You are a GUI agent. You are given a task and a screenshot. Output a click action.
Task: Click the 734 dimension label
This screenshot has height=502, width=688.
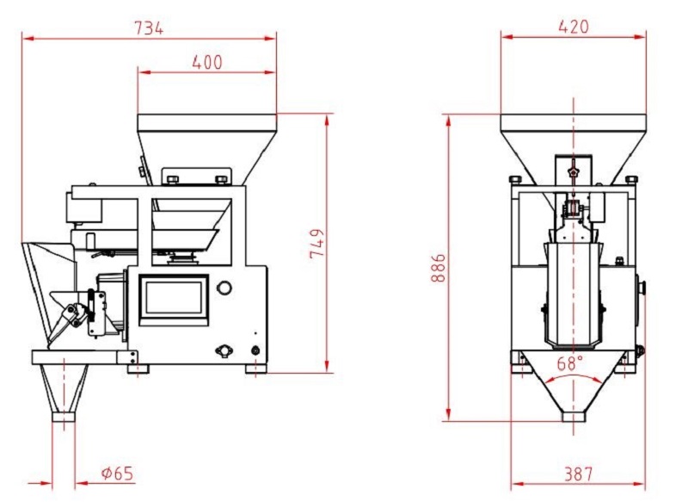tap(149, 28)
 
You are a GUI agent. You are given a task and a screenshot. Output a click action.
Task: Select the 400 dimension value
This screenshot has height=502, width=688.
tap(207, 62)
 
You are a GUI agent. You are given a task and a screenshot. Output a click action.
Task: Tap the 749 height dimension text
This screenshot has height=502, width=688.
tap(316, 244)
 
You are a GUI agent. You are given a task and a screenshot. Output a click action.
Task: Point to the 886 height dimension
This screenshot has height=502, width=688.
tap(438, 268)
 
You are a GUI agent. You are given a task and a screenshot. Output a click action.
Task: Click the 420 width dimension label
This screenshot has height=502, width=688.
tap(574, 27)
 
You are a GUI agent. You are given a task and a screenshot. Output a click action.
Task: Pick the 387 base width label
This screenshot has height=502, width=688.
tap(578, 474)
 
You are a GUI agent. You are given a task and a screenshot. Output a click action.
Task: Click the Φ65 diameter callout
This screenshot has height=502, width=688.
tap(117, 473)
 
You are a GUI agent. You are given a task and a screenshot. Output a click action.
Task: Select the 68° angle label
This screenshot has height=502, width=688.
tap(570, 363)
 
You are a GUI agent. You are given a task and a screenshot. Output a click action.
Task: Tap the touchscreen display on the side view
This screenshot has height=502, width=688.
tap(174, 300)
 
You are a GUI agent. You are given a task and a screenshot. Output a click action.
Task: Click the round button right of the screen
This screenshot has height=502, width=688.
tap(224, 288)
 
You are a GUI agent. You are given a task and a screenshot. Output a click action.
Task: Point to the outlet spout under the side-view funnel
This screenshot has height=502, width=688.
tap(64, 416)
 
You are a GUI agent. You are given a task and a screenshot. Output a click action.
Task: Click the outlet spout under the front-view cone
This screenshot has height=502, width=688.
tap(574, 417)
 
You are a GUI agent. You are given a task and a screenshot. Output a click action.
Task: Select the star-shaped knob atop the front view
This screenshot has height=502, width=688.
tap(573, 170)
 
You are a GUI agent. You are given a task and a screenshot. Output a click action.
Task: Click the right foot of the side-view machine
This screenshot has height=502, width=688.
tap(255, 369)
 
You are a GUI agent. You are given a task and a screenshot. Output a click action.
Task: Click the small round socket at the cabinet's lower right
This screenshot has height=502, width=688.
tap(255, 350)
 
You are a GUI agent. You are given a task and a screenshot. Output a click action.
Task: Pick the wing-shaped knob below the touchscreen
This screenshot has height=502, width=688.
tap(224, 350)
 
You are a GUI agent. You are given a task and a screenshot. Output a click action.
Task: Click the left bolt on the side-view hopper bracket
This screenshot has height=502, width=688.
tap(173, 179)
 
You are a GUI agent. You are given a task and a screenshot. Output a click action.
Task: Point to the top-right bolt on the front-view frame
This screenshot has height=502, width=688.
tap(631, 179)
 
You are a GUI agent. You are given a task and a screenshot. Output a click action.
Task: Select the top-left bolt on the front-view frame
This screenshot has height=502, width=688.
tap(515, 179)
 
